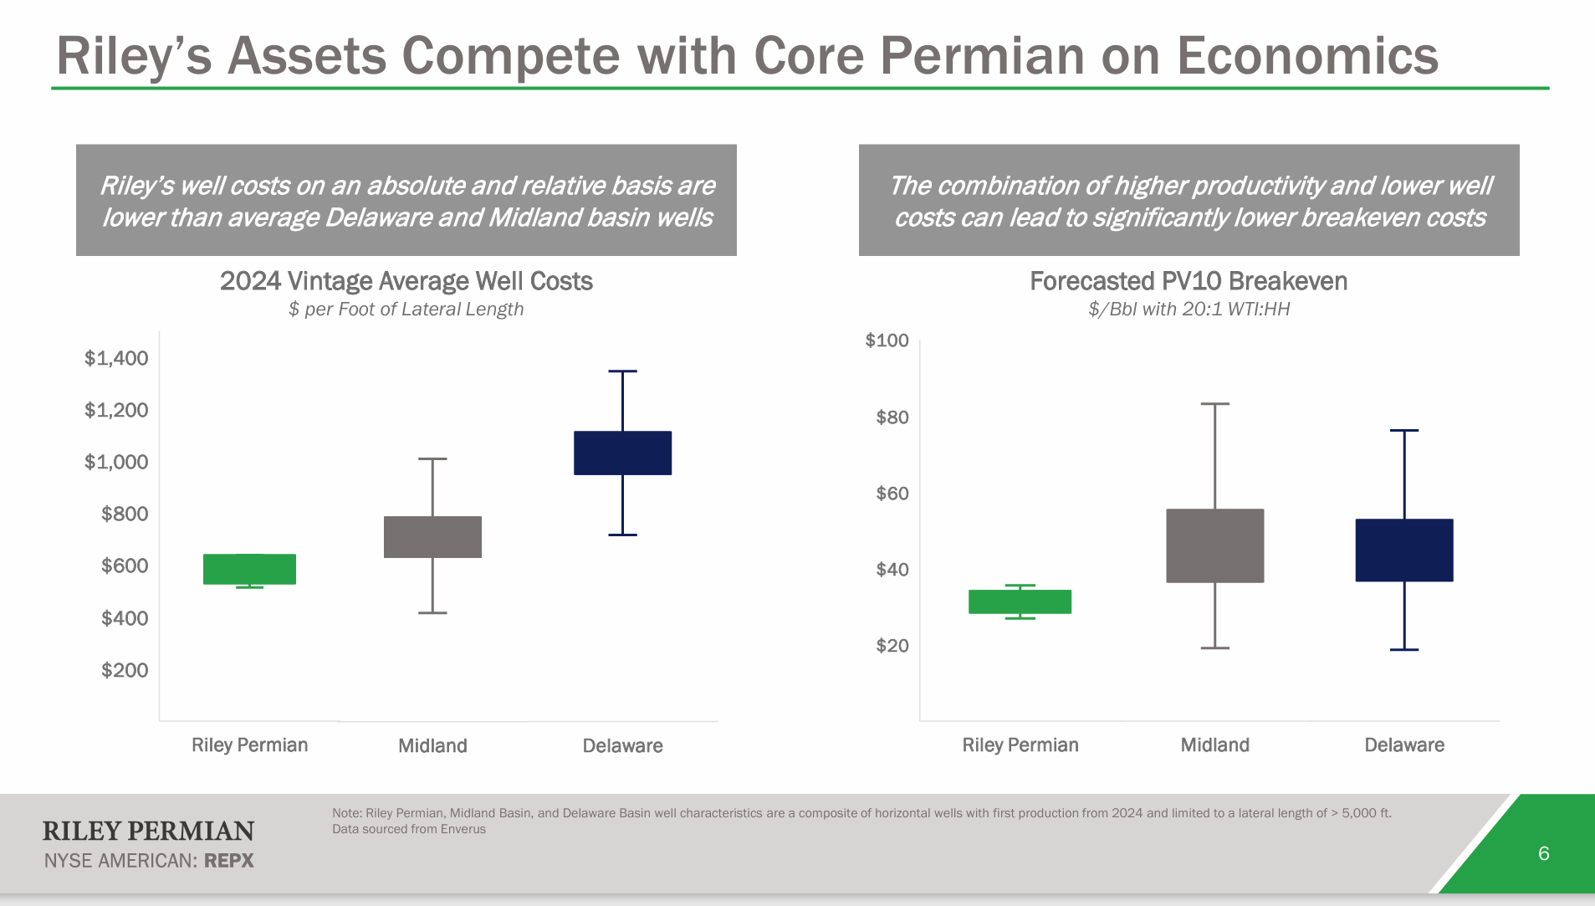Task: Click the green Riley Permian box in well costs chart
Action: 249,569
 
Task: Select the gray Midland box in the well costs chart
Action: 432,537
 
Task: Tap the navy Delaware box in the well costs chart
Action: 622,453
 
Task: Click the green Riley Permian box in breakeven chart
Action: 1020,601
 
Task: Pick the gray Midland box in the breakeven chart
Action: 1214,545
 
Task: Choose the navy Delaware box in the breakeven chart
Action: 1403,550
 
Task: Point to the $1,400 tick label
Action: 116,358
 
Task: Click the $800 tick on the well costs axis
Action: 125,514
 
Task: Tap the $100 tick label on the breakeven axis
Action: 887,340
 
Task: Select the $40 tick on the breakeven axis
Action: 892,570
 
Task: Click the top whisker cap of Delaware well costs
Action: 622,371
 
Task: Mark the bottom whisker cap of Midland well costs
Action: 432,613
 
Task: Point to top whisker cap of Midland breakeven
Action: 1214,404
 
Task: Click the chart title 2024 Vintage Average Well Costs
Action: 406,281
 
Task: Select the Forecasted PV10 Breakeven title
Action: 1188,281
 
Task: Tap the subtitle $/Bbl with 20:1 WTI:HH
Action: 1189,310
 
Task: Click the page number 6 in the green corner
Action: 1543,853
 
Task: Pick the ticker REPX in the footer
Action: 228,861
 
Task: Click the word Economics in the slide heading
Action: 1306,56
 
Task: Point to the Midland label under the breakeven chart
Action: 1214,745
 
